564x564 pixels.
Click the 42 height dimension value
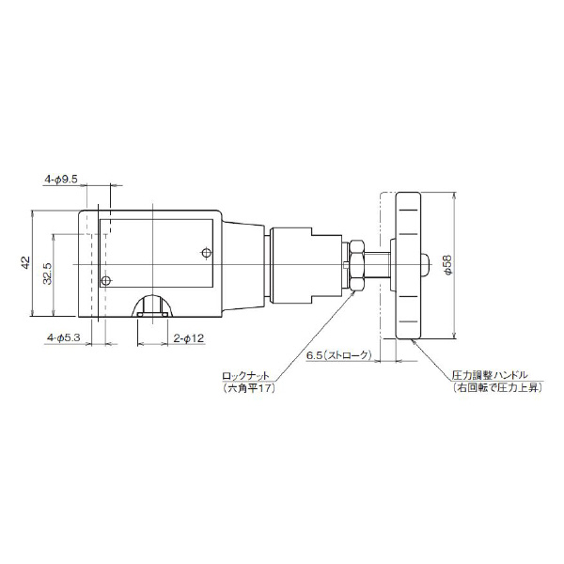point(25,262)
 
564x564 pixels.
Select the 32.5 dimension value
point(48,274)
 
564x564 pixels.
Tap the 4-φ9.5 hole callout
point(61,180)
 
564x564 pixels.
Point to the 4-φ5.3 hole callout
point(64,337)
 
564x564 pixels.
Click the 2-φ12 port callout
point(189,338)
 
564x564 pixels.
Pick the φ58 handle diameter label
point(447,265)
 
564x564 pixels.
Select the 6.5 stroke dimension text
point(338,355)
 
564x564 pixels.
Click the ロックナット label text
point(245,376)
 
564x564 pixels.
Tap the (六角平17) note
point(248,388)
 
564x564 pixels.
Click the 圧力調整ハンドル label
point(490,375)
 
